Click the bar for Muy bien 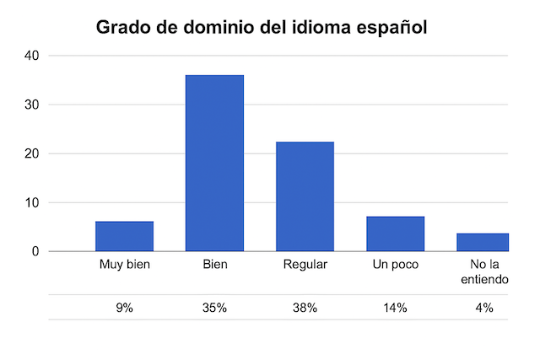pyautogui.click(x=124, y=236)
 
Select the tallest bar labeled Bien pyautogui.click(x=214, y=163)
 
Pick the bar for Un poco pyautogui.click(x=395, y=234)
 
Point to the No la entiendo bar pyautogui.click(x=483, y=242)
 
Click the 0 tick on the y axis pyautogui.click(x=36, y=251)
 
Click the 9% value pyautogui.click(x=124, y=308)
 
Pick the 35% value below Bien pyautogui.click(x=214, y=308)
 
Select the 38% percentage pyautogui.click(x=305, y=308)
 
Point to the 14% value pyautogui.click(x=395, y=308)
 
